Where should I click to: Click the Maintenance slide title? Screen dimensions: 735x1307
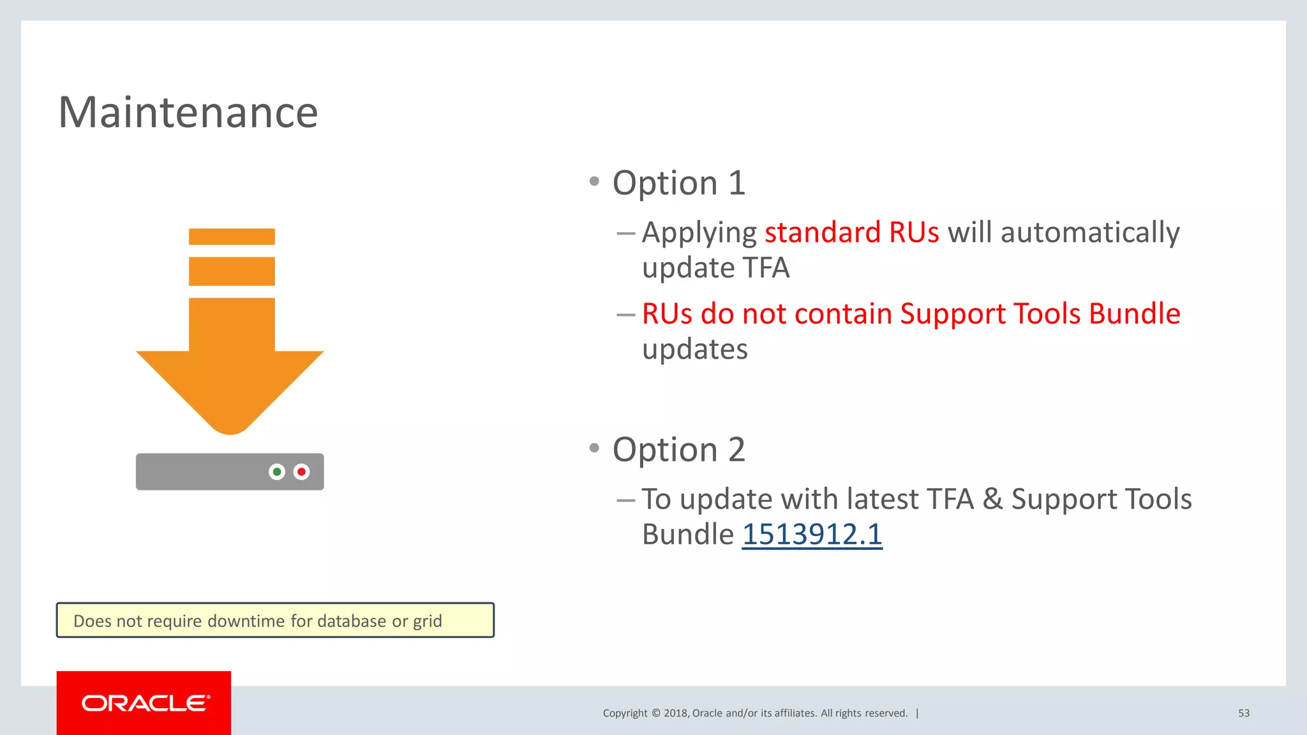coord(188,113)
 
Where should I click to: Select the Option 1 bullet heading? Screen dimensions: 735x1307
coord(678,183)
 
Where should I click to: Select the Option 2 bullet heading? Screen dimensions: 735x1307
coord(678,450)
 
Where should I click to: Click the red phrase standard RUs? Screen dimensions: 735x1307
coord(851,232)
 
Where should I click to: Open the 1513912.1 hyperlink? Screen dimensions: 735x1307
coord(812,535)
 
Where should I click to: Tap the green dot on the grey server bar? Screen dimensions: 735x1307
coord(277,472)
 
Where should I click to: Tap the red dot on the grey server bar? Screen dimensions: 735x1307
coord(301,472)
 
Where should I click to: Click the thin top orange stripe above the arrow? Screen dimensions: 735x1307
coord(232,237)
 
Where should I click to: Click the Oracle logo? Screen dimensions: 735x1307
coord(144,703)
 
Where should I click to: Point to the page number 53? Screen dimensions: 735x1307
coord(1243,713)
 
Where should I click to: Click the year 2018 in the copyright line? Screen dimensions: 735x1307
coord(675,713)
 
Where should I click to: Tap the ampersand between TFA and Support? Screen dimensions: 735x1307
coord(992,499)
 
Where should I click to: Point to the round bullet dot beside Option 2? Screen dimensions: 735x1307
coord(594,448)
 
